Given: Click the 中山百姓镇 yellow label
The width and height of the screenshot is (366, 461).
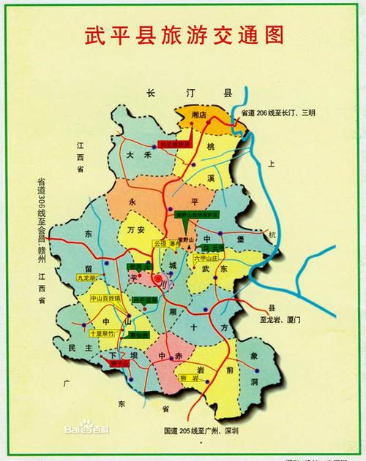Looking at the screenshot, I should coord(105,299).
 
